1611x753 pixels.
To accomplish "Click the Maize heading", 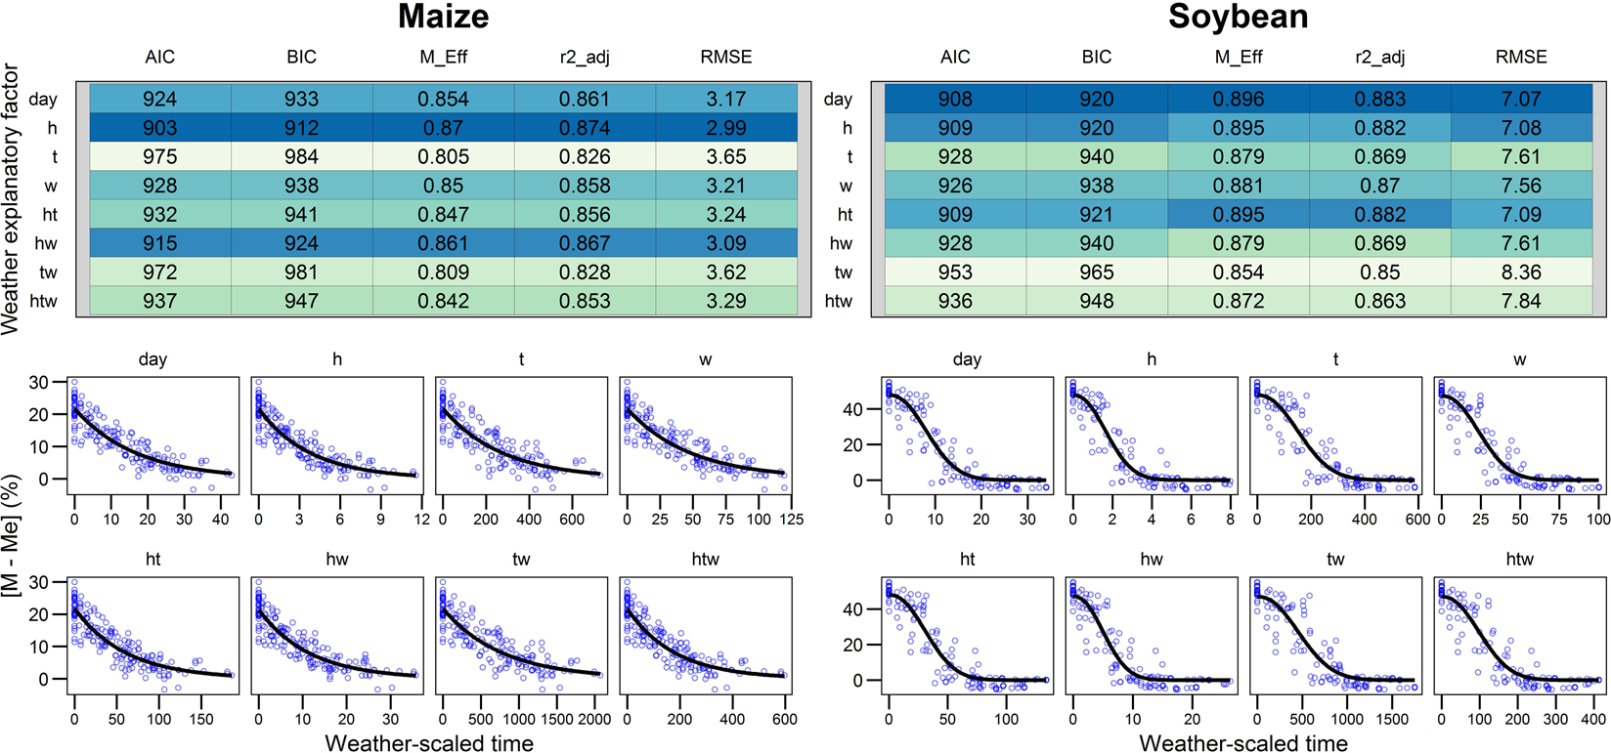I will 443,17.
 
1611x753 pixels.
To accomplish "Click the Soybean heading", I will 1238,17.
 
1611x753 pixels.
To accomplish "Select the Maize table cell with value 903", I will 159,128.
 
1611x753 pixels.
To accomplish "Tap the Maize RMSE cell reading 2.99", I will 726,128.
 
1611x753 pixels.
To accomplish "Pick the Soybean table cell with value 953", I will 955,272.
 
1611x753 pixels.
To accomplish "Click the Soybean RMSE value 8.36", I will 1521,272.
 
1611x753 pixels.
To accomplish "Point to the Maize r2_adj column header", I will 585,58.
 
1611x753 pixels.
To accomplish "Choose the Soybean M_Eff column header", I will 1238,58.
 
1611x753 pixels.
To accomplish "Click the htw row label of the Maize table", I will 43,301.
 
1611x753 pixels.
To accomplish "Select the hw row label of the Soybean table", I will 841,243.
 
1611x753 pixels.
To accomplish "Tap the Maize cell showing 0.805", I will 443,157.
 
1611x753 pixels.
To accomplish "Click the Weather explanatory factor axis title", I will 11,199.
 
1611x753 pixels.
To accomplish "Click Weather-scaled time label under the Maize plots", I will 429,743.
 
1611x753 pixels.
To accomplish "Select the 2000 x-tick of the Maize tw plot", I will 592,720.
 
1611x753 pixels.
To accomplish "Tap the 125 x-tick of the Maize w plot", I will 789,520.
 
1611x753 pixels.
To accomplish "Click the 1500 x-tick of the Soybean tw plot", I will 1392,720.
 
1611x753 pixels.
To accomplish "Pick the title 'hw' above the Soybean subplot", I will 1152,560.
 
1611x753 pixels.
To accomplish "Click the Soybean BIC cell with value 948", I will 1096,301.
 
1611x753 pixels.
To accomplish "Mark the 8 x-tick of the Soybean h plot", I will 1230,520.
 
